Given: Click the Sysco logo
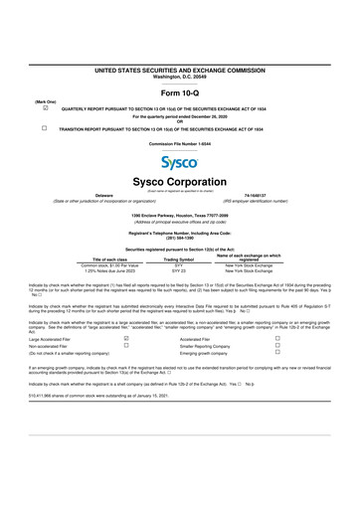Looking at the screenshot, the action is click(x=180, y=160).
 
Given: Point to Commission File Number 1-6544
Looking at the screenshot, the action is click(x=180, y=144).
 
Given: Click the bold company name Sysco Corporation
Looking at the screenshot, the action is click(x=180, y=183).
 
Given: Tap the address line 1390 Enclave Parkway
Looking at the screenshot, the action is click(x=180, y=214).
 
